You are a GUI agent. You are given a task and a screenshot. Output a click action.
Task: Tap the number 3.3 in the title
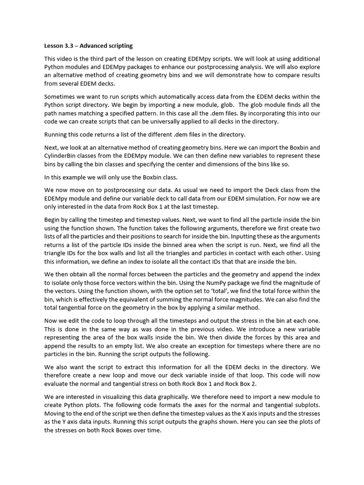pyautogui.click(x=69, y=46)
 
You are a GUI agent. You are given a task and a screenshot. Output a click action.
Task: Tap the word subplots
pyautogui.click(x=305, y=405)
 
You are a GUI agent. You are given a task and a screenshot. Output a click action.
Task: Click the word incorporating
pyautogui.click(x=262, y=113)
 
